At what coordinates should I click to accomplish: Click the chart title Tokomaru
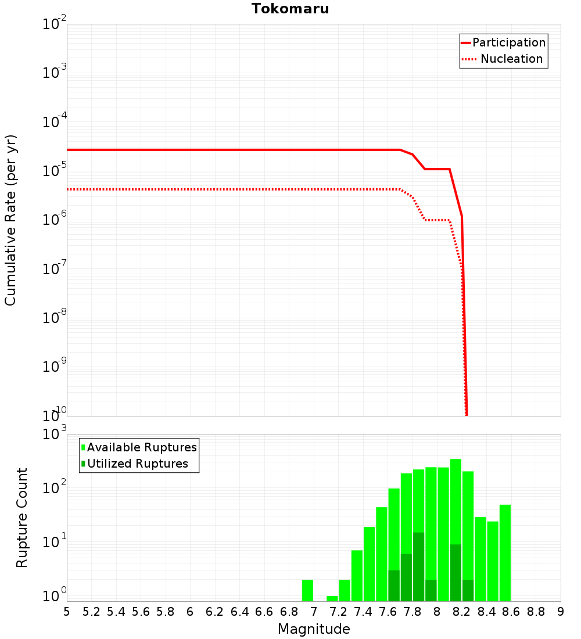tap(290, 9)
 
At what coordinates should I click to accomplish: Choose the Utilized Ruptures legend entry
tap(137, 464)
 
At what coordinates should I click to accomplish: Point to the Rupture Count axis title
tap(22, 517)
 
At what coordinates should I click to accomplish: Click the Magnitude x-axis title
tap(314, 629)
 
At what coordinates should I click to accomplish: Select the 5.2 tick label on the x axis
tap(91, 611)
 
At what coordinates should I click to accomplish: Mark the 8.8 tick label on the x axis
tap(536, 611)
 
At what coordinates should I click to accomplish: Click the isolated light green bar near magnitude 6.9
tap(308, 590)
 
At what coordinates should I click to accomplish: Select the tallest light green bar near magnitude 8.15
tap(456, 530)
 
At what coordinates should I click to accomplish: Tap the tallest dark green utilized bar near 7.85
tap(419, 566)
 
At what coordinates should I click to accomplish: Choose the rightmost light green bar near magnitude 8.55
tap(505, 553)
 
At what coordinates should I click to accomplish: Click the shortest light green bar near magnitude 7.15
tap(332, 598)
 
